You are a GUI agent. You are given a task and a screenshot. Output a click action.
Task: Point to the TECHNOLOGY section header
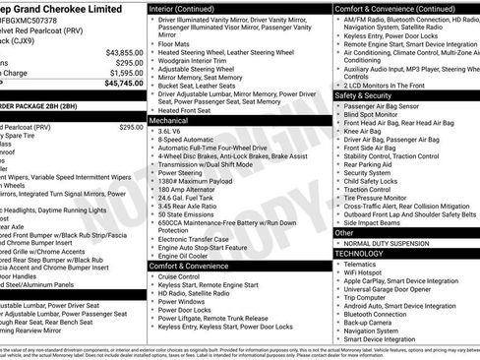359,254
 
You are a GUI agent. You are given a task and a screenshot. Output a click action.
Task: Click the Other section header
344,233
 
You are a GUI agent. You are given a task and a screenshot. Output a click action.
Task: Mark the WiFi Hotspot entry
365,274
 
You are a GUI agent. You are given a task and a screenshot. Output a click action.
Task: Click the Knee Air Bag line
363,131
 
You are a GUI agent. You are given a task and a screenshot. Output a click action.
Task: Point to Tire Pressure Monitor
379,197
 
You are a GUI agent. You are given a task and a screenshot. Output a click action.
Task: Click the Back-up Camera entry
370,321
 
